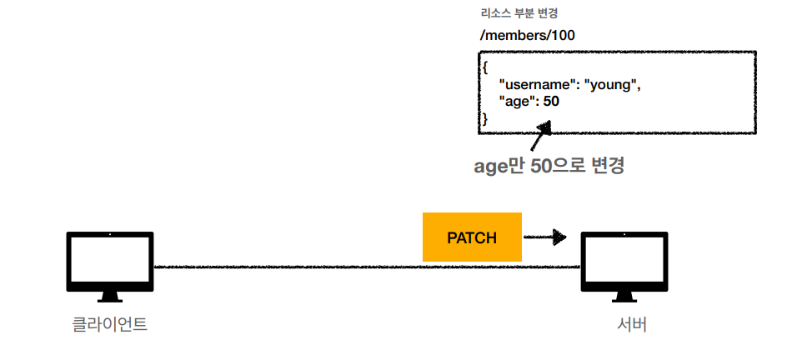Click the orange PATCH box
point(472,237)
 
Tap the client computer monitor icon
point(109,262)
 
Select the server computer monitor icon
point(624,262)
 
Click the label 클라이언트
point(109,324)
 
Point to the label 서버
point(626,324)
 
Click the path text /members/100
point(527,36)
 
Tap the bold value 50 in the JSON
point(551,102)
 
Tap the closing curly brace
point(485,119)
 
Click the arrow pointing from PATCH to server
point(545,237)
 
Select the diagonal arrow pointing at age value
point(541,136)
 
